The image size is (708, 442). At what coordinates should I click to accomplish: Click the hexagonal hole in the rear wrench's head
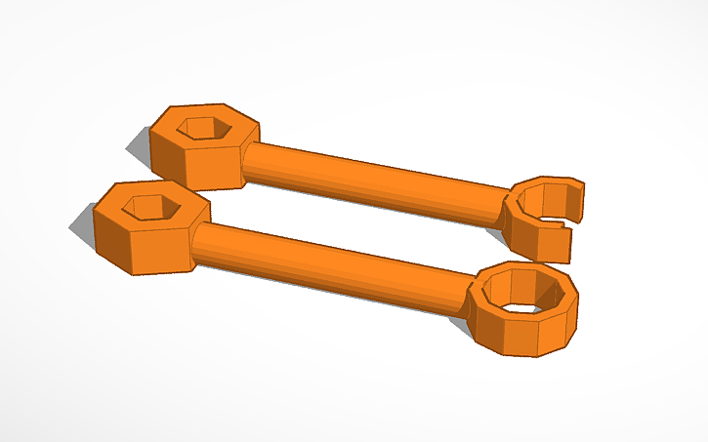(203, 128)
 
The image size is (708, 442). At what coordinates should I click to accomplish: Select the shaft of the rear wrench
(371, 176)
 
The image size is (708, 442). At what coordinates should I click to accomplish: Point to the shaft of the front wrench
(332, 261)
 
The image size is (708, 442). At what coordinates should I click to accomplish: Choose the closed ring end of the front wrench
(522, 310)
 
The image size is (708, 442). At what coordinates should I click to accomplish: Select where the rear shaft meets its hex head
(246, 161)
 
